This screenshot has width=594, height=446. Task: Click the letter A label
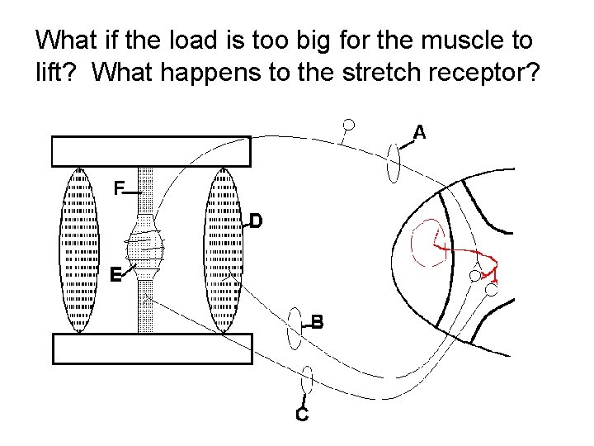[x=419, y=131]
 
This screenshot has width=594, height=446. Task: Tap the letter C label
[x=302, y=415]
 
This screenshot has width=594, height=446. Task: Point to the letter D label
[x=256, y=221]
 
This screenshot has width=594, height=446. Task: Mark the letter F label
[x=119, y=188]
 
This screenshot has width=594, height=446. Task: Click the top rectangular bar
[x=151, y=151]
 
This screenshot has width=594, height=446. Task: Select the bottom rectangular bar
[x=151, y=348]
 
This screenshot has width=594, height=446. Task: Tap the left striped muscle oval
[x=79, y=249]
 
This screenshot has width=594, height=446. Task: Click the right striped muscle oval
[x=224, y=249]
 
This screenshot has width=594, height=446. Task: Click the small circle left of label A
[x=349, y=125]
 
